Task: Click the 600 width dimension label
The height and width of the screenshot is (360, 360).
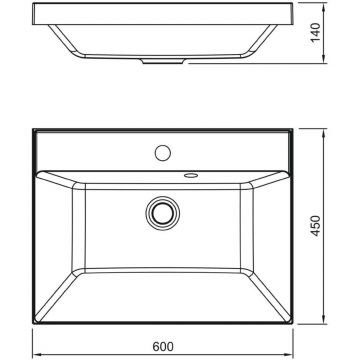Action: point(163,347)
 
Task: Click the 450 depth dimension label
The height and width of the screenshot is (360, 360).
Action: point(315,226)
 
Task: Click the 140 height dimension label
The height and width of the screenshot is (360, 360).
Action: point(315,32)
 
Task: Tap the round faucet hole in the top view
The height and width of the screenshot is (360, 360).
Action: point(163,153)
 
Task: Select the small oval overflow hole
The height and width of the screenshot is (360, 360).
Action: point(191,175)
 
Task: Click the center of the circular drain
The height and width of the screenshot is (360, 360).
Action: point(163,213)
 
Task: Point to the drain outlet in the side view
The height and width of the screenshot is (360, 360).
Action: point(163,61)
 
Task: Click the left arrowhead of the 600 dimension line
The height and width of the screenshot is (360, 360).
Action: point(35,355)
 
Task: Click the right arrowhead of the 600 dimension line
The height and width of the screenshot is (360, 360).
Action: point(290,355)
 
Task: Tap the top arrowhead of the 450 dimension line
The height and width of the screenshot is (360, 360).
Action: point(324,131)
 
